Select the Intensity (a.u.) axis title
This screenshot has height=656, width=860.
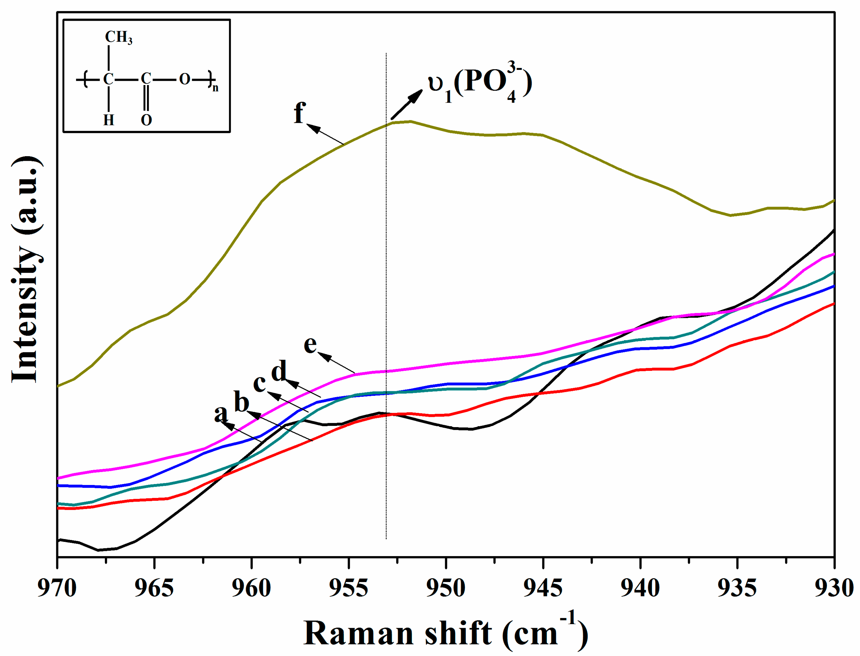pyautogui.click(x=26, y=269)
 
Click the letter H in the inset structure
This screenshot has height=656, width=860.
pyautogui.click(x=109, y=120)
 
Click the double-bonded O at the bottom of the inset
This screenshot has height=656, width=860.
pyautogui.click(x=146, y=120)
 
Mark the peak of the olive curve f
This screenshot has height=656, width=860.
pyautogui.click(x=410, y=121)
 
